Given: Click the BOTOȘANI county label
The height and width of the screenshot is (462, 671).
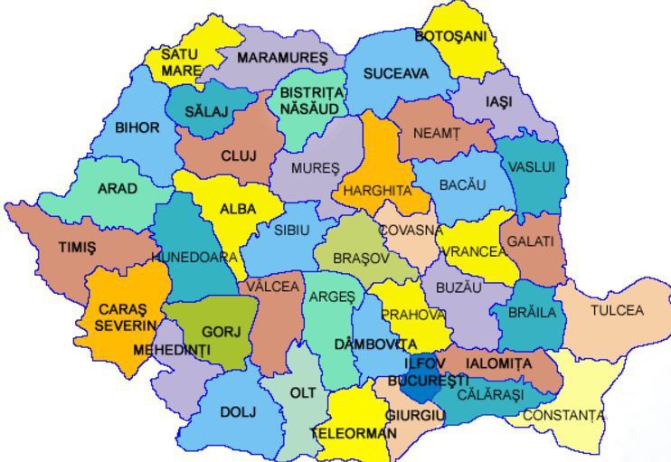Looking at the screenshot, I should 450,36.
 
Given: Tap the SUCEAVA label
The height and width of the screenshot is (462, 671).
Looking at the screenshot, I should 396,74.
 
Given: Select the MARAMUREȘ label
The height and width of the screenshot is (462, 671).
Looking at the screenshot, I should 282,58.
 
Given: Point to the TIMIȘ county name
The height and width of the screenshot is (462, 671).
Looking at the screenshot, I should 77,247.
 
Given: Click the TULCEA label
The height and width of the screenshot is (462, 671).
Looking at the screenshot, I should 617,310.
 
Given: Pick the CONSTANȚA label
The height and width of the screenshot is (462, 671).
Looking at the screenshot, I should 564,416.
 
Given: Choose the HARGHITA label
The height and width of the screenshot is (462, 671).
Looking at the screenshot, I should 377,191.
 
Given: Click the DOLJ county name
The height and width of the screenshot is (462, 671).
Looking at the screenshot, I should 238,412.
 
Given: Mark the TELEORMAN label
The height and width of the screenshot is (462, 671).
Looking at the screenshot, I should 354,433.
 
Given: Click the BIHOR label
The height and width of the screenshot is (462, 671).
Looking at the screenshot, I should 137,127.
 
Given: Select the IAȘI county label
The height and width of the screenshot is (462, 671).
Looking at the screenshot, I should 498,102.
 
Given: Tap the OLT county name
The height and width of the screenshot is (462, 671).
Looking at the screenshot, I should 303,393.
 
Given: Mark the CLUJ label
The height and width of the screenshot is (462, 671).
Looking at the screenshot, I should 239,156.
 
